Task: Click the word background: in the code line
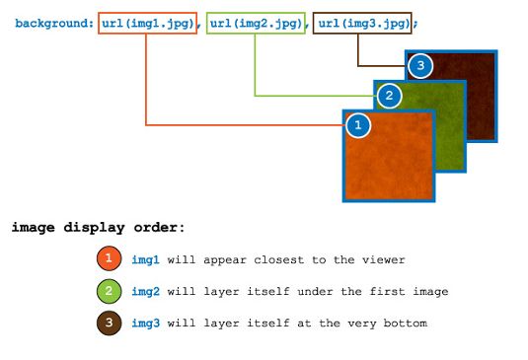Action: [54, 22]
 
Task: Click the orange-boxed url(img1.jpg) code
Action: [146, 22]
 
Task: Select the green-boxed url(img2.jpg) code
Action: [255, 22]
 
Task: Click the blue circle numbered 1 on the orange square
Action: [358, 125]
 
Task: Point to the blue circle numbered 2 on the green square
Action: [389, 96]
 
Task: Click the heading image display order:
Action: [98, 228]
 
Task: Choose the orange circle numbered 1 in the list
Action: [109, 259]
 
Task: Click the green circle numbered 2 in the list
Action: [109, 292]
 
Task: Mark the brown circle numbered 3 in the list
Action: [109, 324]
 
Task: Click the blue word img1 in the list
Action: [144, 259]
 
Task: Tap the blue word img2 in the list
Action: [144, 292]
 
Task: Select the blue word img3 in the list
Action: [144, 324]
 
